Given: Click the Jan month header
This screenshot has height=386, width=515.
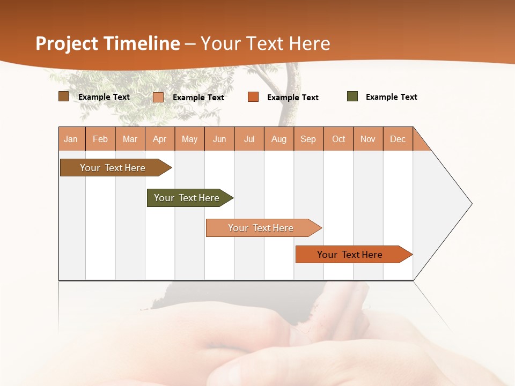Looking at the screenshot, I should click(x=71, y=139).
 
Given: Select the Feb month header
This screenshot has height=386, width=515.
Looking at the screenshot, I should click(x=100, y=139).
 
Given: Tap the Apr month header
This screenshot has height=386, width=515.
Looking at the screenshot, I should click(x=160, y=139).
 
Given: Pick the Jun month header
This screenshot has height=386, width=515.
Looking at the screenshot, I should click(x=219, y=139).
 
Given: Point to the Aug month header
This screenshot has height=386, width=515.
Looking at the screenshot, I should click(x=279, y=139).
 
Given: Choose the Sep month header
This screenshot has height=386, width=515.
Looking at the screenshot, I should click(x=308, y=139).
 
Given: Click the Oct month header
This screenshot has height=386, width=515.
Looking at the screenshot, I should click(x=339, y=139).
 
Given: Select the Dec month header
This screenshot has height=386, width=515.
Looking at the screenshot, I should click(x=398, y=139).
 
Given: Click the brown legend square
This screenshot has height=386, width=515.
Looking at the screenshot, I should click(x=64, y=96).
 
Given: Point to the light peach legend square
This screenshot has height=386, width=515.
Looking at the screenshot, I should click(x=158, y=97).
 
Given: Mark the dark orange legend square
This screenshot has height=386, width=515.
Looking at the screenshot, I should click(x=253, y=97).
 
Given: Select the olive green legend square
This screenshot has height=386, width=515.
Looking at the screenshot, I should click(x=352, y=96).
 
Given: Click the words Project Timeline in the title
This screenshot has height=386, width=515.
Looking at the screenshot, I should click(x=107, y=43).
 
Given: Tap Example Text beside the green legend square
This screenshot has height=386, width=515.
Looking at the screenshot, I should click(x=391, y=97).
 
